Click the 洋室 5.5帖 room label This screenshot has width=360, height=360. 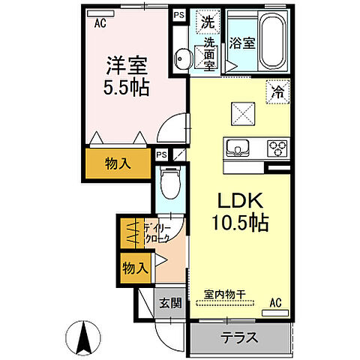coord(127,75)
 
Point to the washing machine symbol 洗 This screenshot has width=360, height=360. coord(206,22)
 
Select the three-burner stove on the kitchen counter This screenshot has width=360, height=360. coord(277,147)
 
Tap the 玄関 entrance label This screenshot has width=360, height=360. coord(169,303)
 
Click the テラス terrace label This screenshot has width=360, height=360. coord(239,337)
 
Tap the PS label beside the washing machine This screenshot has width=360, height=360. coord(178,14)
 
